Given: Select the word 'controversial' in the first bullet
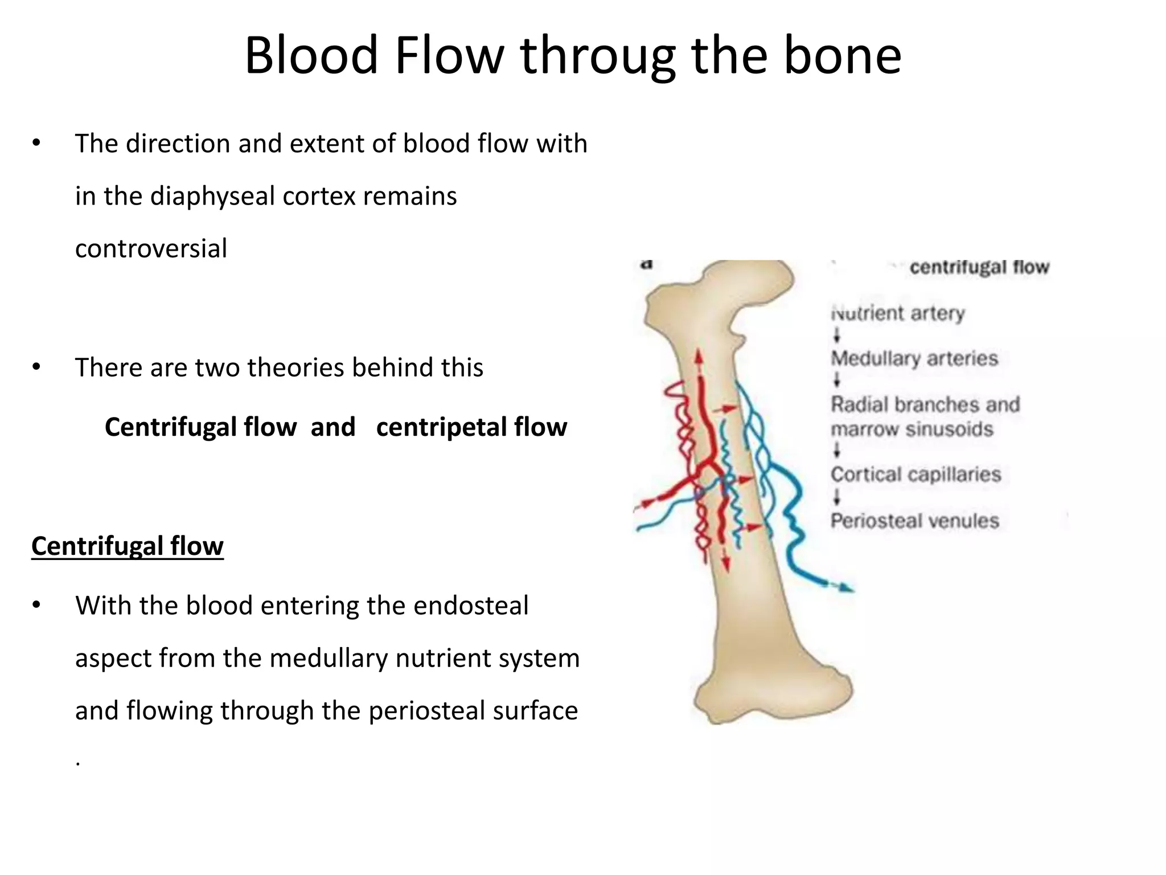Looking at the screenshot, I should coord(151,249).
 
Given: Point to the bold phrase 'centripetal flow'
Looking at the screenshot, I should coord(471,427).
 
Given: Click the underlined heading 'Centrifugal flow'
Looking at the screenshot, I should coord(128,546).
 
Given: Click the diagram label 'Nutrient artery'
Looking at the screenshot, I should coord(898,313).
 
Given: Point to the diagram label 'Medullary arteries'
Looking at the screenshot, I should coord(914,359).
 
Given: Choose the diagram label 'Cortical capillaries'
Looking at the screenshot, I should coord(915,475).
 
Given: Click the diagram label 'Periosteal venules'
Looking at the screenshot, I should coord(915,521).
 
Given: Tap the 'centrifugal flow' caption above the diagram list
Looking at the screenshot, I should coord(979,267).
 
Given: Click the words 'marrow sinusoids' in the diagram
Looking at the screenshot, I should coord(912,429).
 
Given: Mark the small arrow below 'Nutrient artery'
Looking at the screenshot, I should coord(837,336).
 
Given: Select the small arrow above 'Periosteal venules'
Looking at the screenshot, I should coord(837,498).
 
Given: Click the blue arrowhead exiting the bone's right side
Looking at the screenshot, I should coord(846,587).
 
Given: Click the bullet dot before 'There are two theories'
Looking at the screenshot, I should coord(36,367).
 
